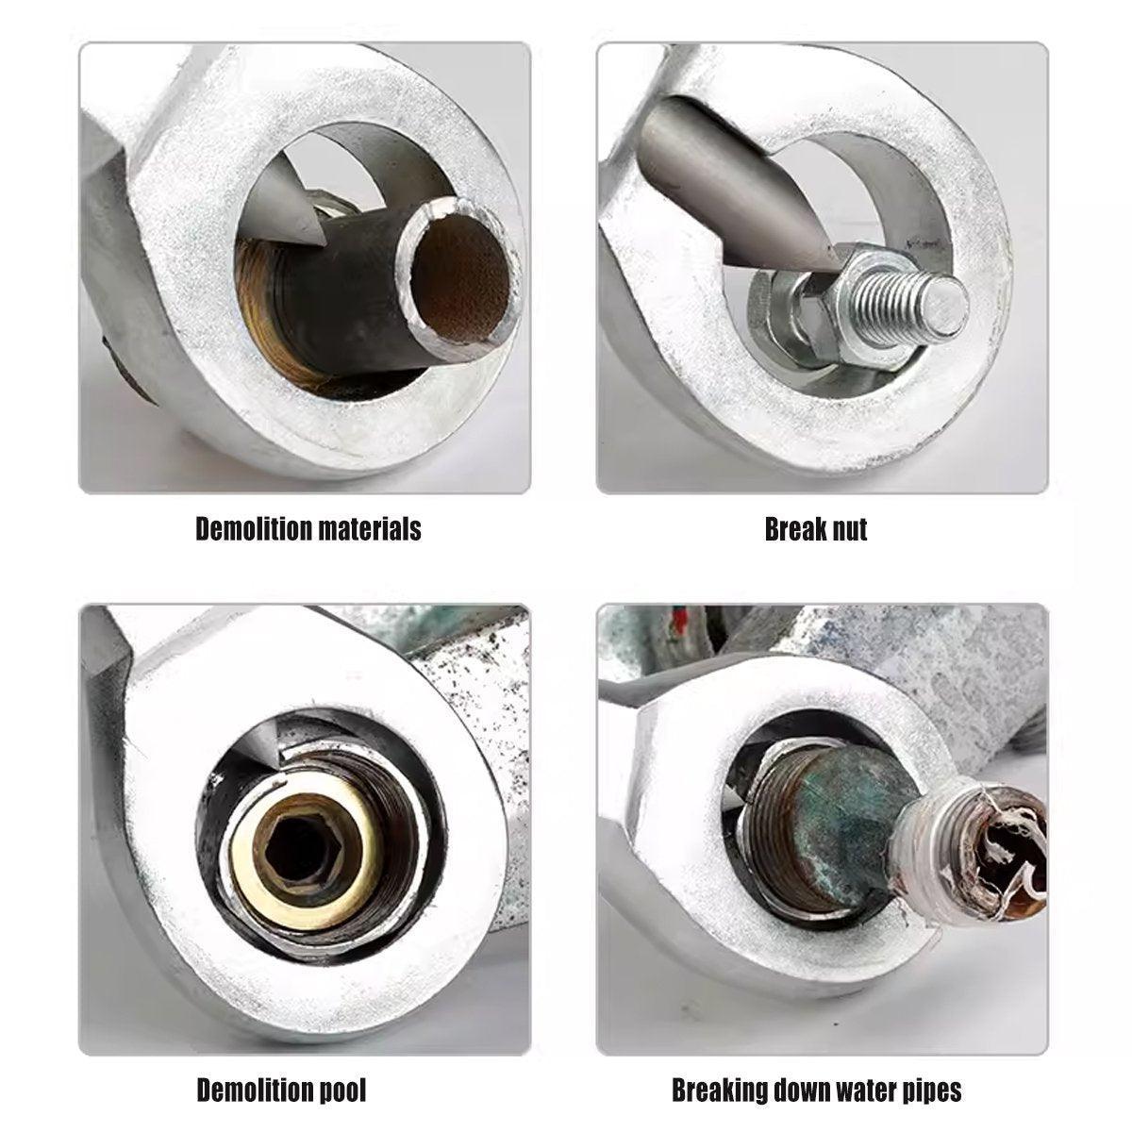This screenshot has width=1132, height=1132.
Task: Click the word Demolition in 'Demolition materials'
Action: point(254,528)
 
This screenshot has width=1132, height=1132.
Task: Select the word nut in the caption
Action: point(847,530)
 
